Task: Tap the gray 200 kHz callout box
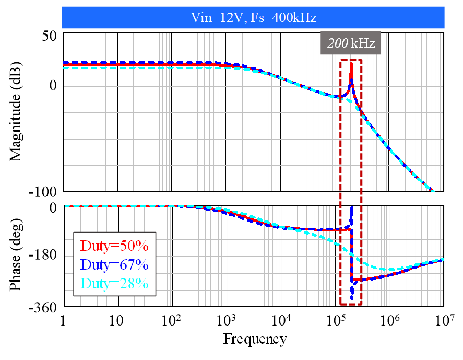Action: pyautogui.click(x=351, y=43)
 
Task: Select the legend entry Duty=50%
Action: pyautogui.click(x=112, y=246)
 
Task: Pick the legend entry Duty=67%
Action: pyautogui.click(x=112, y=265)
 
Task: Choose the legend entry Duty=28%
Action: pyautogui.click(x=112, y=284)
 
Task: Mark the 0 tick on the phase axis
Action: pyautogui.click(x=53, y=207)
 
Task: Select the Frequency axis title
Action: pyautogui.click(x=255, y=340)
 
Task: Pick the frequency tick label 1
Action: pyautogui.click(x=64, y=320)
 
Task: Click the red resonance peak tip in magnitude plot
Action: pyautogui.click(x=351, y=63)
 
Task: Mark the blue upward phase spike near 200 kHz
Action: pyautogui.click(x=351, y=209)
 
